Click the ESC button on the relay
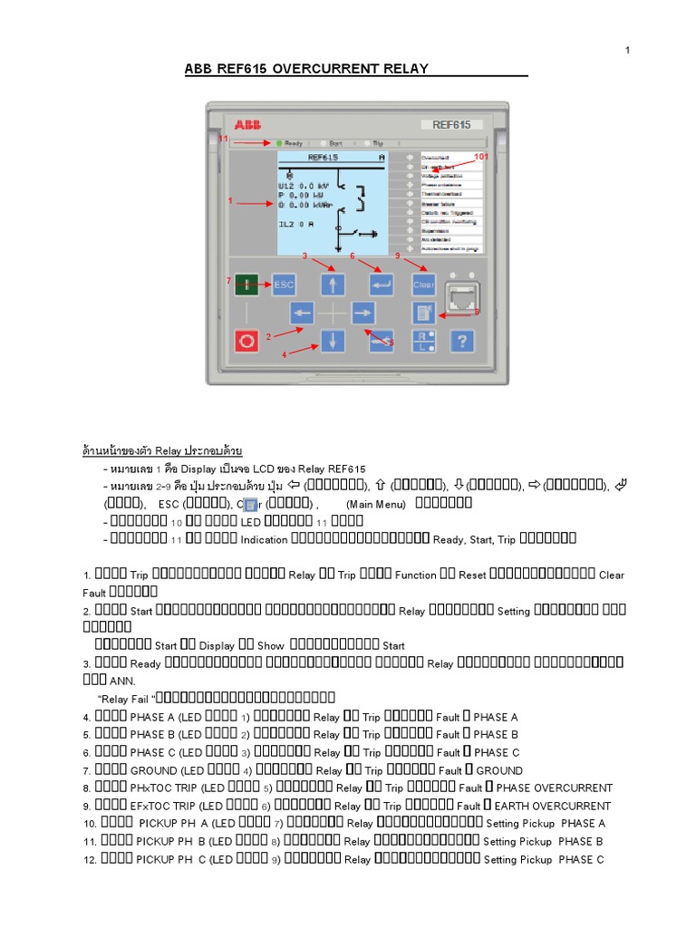coord(285,284)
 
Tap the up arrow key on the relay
coord(333,285)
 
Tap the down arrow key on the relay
coord(333,341)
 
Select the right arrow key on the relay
coord(362,313)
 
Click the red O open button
coord(246,341)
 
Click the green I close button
coord(246,284)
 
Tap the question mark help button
coord(463,341)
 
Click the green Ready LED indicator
coord(268,143)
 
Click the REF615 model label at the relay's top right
coord(451,124)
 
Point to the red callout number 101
coord(481,157)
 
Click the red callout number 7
coord(228,281)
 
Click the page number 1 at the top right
coord(626,50)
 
